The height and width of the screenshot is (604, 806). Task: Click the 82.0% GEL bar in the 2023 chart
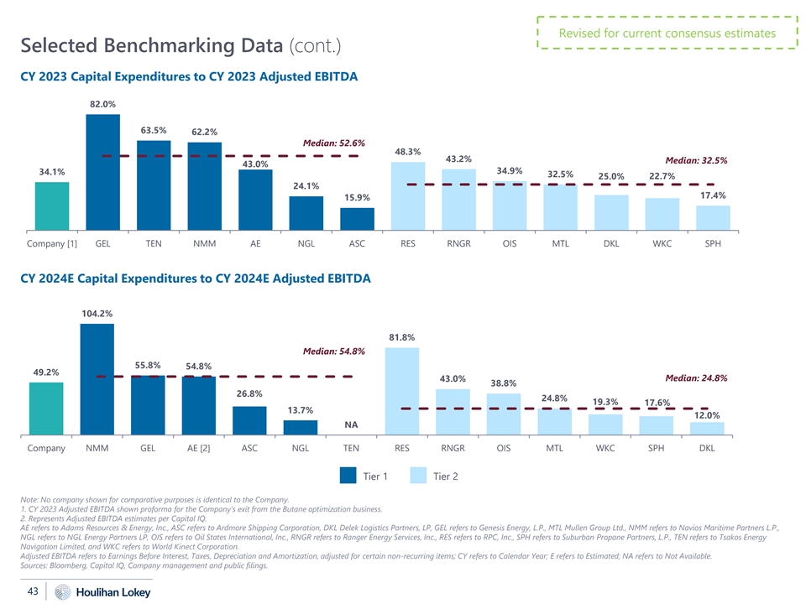click(102, 172)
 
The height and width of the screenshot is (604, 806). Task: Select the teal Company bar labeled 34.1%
click(52, 206)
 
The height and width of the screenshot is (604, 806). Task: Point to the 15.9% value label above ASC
click(357, 197)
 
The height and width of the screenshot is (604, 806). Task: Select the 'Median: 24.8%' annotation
click(696, 377)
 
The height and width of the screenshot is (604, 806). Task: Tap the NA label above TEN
click(351, 424)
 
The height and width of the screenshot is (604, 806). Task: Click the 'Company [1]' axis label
click(52, 244)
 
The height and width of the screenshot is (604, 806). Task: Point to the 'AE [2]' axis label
click(198, 448)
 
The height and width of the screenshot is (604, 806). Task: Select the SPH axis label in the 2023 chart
click(712, 244)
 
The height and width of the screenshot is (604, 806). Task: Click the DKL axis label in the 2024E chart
click(706, 448)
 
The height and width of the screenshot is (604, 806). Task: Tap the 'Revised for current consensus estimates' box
click(667, 34)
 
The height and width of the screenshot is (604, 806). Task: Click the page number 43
click(34, 591)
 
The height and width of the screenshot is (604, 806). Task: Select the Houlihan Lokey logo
click(103, 592)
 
